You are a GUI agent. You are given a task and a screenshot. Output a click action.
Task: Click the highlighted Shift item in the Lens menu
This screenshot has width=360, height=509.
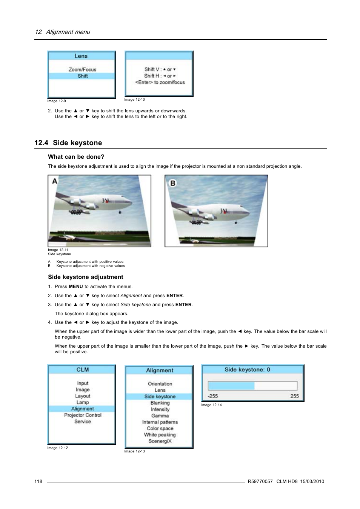pos(82,76)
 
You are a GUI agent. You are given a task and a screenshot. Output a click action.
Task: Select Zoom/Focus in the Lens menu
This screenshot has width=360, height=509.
pos(82,69)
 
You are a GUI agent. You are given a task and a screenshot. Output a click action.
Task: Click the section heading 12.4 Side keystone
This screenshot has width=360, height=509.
pos(68,143)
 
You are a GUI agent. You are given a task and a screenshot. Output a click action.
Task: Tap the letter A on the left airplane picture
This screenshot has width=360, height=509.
pos(55,181)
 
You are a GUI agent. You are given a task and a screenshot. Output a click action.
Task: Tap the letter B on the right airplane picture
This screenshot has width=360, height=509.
pos(173,183)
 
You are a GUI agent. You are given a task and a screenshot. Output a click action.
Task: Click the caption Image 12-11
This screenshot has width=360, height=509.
pos(58,250)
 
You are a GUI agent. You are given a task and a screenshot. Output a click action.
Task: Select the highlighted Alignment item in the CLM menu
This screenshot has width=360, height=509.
pos(82,409)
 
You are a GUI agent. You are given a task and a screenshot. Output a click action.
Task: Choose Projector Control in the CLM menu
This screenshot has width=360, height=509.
pos(83,415)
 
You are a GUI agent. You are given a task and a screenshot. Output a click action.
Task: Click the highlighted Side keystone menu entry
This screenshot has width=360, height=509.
pos(160,397)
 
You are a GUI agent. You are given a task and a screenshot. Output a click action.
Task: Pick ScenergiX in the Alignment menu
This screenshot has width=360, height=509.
pos(160,441)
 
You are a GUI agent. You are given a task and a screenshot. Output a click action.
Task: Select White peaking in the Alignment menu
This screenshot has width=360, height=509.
pos(160,435)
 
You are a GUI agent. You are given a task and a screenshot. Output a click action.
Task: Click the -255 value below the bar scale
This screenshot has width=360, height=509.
pos(212,396)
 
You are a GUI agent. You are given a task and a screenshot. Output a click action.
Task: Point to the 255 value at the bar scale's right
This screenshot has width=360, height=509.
pos(294,396)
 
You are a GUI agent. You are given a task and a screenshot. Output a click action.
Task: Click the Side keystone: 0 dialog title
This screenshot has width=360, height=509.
pos(247,370)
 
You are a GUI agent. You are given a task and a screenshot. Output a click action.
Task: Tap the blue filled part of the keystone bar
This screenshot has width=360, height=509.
pos(231,386)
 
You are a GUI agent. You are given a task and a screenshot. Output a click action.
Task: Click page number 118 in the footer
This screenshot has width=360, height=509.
pos(38,481)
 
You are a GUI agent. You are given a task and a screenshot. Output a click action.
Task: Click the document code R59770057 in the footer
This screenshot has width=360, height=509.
pos(260,481)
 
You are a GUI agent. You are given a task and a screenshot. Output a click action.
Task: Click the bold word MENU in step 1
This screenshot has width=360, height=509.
pos(76,287)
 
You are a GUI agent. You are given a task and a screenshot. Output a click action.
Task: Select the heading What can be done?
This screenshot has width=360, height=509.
pos(76,157)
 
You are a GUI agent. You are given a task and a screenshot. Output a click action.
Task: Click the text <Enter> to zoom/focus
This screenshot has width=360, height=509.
pos(160,82)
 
